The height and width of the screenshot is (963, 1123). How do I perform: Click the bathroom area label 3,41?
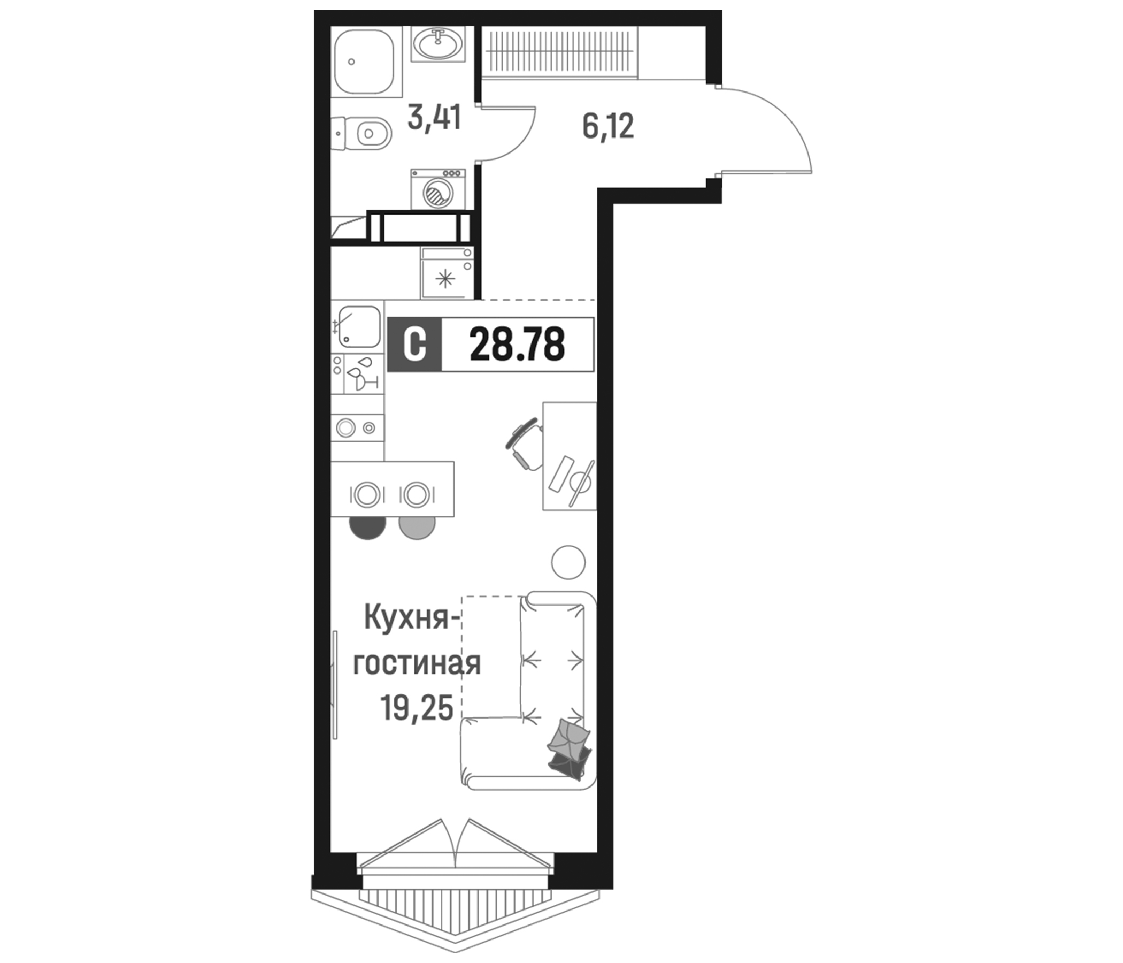click(434, 118)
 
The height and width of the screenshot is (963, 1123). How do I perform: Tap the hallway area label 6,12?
click(607, 127)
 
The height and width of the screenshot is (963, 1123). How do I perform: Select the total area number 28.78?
click(517, 345)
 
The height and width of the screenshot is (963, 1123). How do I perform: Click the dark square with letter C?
click(414, 345)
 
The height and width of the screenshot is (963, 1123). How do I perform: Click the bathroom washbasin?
click(437, 44)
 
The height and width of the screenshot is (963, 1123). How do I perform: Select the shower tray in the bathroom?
click(363, 63)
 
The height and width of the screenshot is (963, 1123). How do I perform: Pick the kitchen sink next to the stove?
click(359, 327)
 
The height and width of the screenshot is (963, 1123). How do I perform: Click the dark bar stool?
click(368, 525)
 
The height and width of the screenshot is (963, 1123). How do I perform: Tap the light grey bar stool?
click(417, 526)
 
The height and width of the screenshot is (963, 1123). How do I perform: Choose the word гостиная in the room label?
click(417, 664)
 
